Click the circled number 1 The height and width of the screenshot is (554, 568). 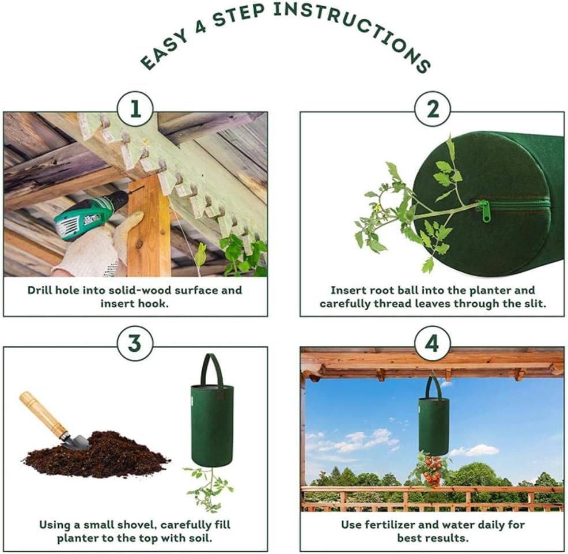click(135, 108)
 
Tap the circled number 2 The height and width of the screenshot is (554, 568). click(433, 108)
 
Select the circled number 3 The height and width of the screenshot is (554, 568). click(135, 343)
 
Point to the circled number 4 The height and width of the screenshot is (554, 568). click(433, 343)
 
